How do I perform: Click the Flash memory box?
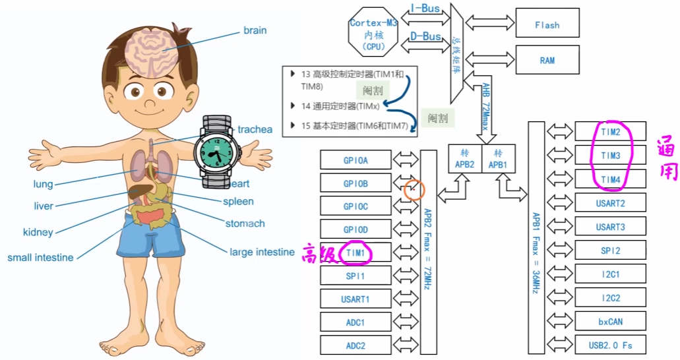pos(547,25)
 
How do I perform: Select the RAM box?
pos(547,60)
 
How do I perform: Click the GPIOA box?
pos(356,160)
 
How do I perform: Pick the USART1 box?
pos(356,299)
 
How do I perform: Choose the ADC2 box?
pos(356,345)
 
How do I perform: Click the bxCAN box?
pos(611,321)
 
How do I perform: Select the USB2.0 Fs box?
pos(611,344)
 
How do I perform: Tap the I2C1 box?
pos(611,274)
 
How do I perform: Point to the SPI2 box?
pos(611,251)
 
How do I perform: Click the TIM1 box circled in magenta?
pos(356,253)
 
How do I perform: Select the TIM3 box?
pos(611,156)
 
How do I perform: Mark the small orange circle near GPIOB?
pos(414,190)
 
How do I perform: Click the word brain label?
pos(255,30)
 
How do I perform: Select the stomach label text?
pos(245,224)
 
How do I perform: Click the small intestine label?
pos(40,257)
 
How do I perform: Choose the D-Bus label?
pos(425,36)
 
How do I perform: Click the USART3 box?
pos(611,227)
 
